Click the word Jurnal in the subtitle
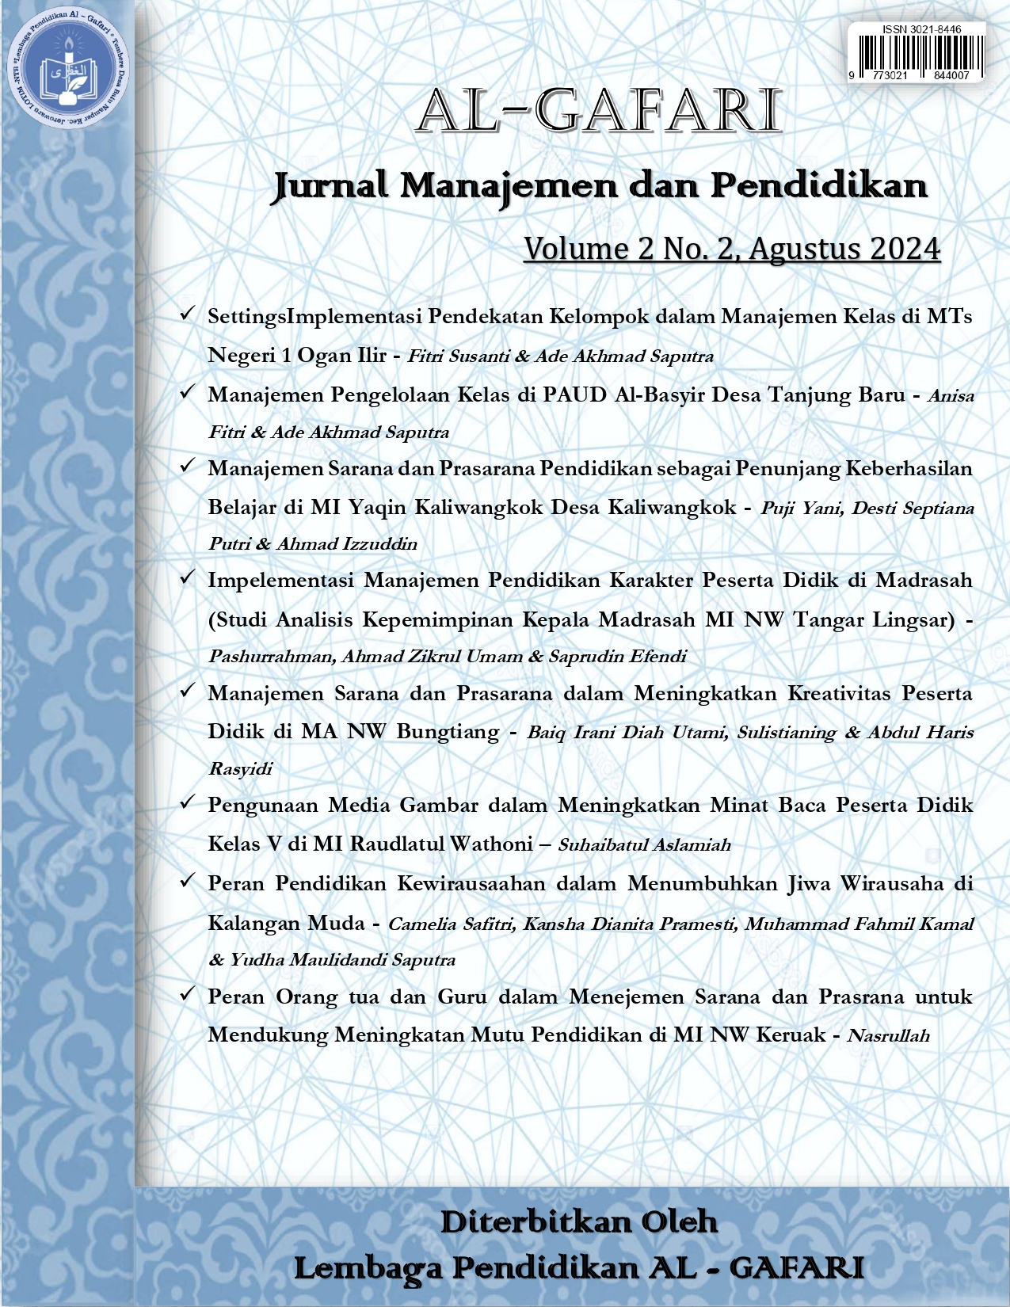coord(330,186)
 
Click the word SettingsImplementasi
coord(314,317)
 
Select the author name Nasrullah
coord(888,1035)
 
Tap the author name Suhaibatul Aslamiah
coord(644,845)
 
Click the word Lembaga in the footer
coord(368,1268)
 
